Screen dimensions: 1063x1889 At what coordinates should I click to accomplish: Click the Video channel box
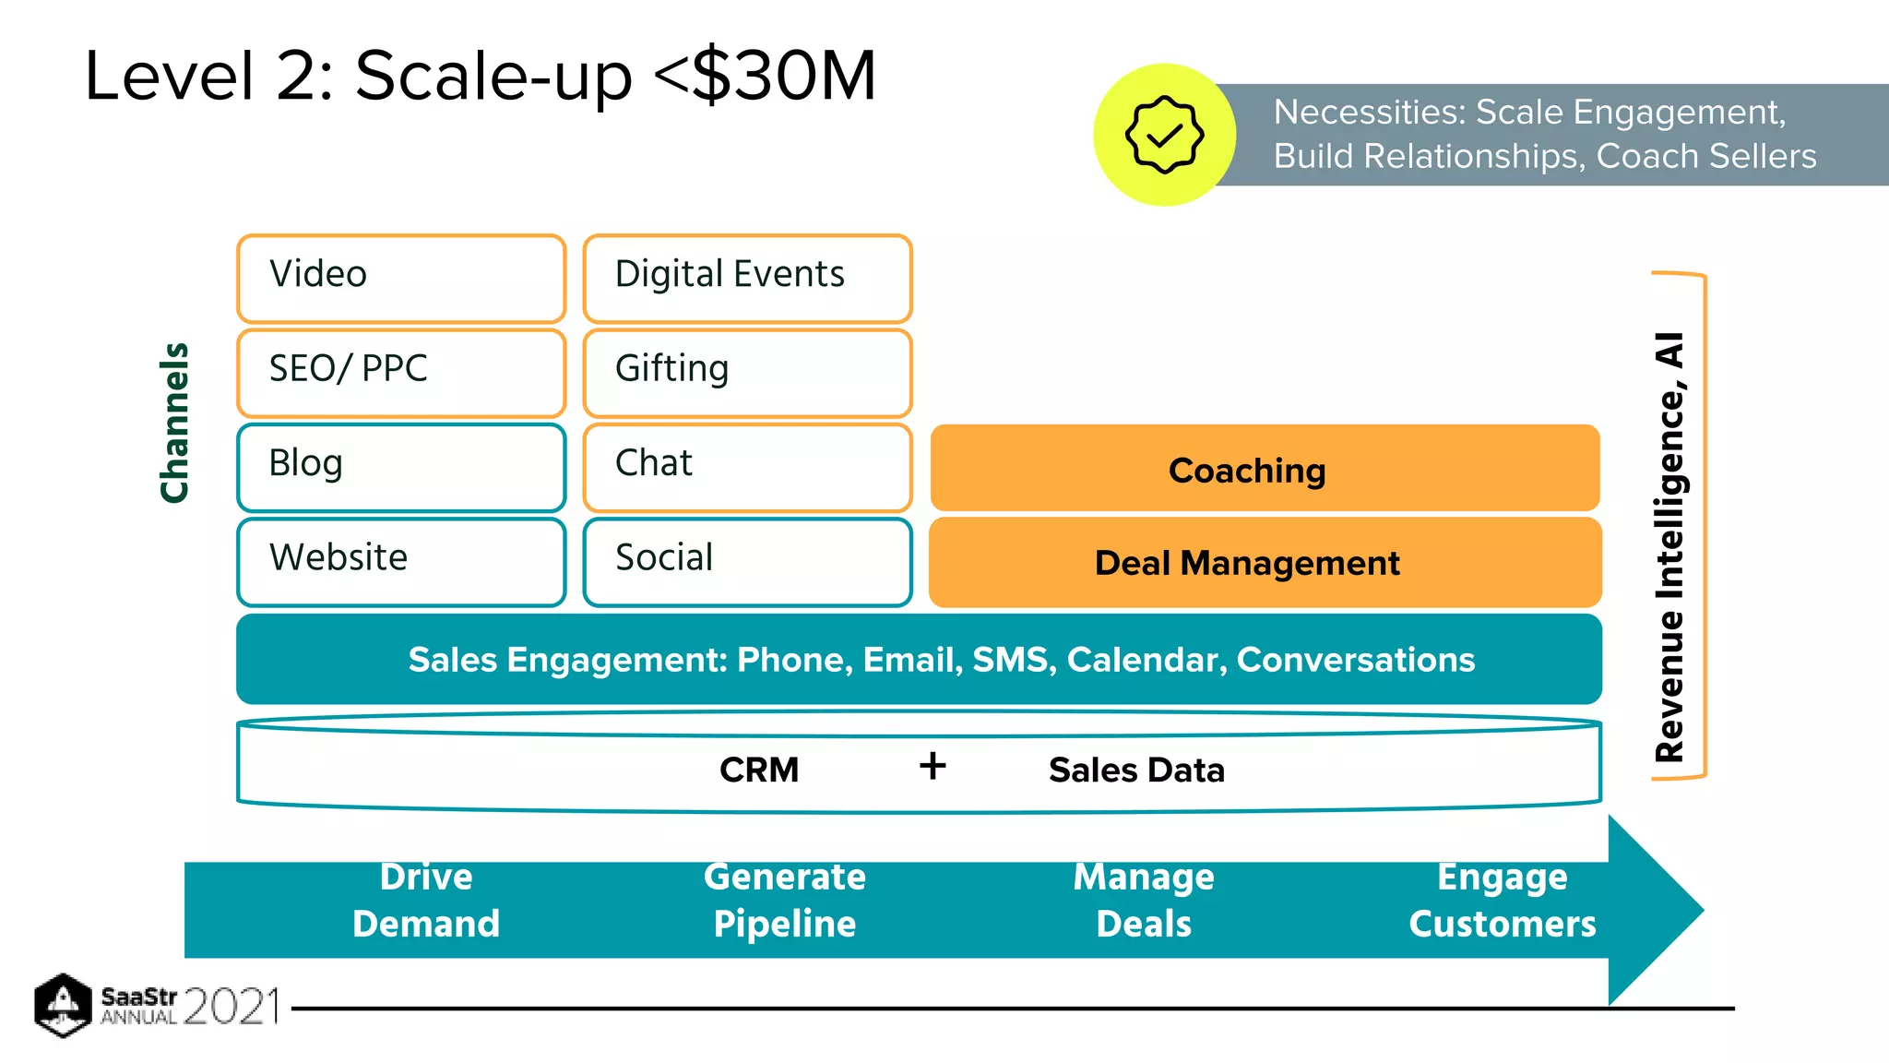401,278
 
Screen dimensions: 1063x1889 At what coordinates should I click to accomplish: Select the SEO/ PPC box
401,372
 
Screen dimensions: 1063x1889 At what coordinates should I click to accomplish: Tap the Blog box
401,467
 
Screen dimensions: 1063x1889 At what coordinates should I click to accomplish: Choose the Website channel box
401,561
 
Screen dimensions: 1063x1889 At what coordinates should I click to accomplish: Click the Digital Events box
747,278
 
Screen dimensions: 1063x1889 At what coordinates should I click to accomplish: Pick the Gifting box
747,372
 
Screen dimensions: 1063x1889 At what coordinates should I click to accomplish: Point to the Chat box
747,467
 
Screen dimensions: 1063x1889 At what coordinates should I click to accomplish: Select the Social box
747,561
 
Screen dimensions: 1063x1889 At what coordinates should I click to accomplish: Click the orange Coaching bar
1265,469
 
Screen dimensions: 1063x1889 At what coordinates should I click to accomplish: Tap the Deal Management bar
1265,562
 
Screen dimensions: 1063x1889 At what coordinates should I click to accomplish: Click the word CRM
759,770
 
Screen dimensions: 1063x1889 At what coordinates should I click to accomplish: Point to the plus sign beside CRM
933,766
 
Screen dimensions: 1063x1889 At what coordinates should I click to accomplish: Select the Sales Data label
1136,770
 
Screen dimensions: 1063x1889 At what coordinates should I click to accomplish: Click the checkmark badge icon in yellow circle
1164,135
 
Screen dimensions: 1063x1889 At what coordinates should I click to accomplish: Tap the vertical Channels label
174,423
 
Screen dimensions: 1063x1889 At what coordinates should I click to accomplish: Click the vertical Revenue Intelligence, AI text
1669,546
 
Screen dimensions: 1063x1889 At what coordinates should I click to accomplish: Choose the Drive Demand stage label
426,901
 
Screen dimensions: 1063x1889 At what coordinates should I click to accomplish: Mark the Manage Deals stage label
1144,901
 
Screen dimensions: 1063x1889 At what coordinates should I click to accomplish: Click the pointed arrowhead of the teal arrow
1660,910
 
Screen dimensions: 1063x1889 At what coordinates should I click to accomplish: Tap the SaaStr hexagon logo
62,1004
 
